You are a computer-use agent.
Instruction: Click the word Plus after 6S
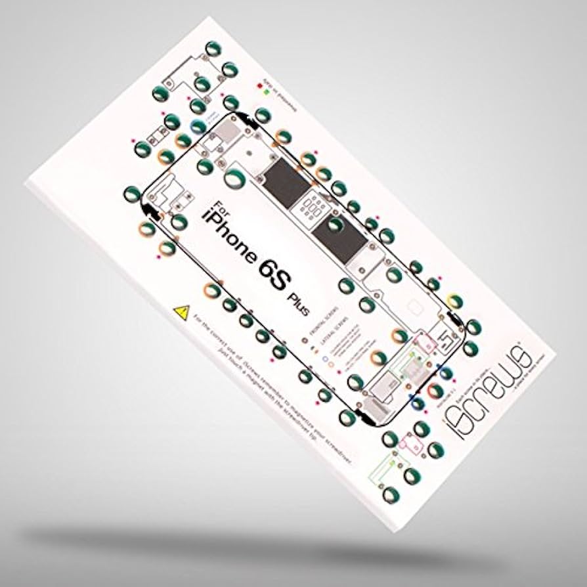tap(297, 303)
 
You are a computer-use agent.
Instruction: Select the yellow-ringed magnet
tap(455, 301)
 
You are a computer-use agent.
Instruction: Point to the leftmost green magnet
tap(131, 193)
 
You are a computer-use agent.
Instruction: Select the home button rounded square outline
tap(414, 307)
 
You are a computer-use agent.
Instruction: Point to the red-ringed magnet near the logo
tap(433, 390)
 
